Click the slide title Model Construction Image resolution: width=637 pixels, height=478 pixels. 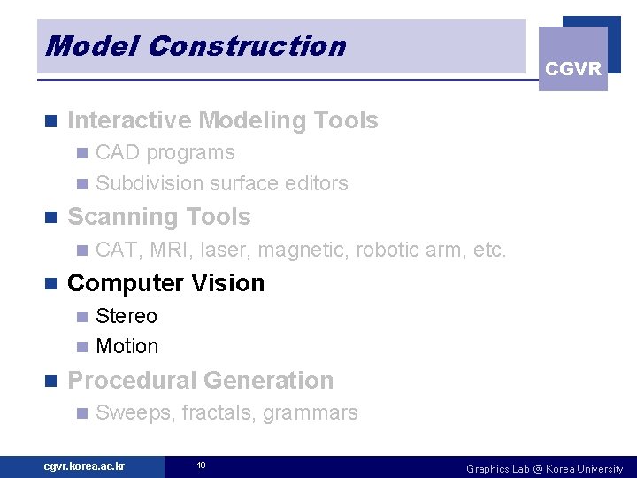pos(196,46)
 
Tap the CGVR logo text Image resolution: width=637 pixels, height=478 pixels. pos(573,69)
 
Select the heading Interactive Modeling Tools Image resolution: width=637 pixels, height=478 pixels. pos(222,120)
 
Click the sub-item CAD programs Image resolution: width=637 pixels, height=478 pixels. pos(165,152)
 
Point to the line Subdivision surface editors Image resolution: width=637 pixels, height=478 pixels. pos(221,183)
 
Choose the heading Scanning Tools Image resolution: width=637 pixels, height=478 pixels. pos(159,217)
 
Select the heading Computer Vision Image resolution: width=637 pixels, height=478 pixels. pos(166,283)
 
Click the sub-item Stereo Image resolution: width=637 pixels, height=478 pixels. pos(127,316)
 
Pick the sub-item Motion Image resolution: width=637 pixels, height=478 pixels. pos(127,346)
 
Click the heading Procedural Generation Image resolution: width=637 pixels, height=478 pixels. pos(201,381)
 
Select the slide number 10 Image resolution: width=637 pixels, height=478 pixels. pos(201,466)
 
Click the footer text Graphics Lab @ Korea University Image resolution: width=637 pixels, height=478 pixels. pos(544,468)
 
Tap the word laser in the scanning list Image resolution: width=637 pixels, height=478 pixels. pos(227,250)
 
